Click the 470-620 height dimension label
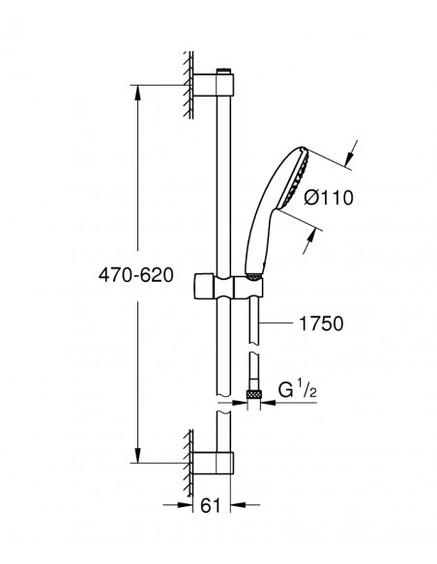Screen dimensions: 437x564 tap(136, 275)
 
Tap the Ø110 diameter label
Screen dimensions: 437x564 tap(329, 198)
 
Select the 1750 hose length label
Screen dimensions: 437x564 tap(321, 324)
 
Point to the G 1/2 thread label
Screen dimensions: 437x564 tap(298, 389)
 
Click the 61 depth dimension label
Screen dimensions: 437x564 tap(210, 506)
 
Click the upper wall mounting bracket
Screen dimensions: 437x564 tap(214, 85)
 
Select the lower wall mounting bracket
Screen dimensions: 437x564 tap(213, 464)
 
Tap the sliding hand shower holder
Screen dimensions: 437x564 tap(228, 287)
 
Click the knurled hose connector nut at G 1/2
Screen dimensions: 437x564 tap(253, 394)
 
